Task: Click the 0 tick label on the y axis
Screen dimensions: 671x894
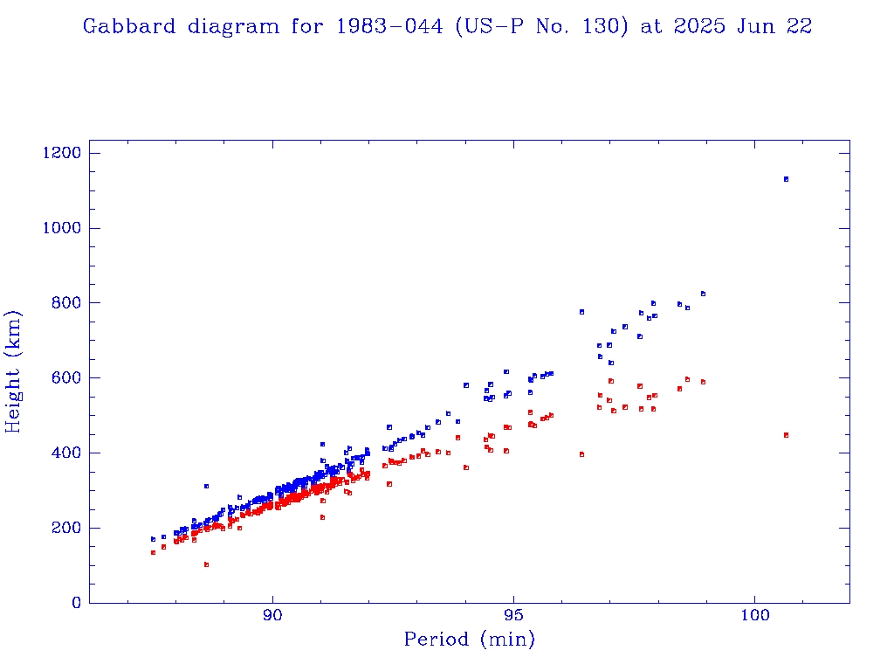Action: point(76,603)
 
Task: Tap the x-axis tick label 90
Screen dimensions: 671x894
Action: point(273,618)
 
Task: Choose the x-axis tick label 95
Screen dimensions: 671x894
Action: point(514,618)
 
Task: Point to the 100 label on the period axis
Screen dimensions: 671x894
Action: point(755,618)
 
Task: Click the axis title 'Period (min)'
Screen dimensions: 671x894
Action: point(469,640)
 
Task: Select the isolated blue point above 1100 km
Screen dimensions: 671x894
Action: point(786,179)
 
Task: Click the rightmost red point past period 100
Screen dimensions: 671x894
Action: point(786,435)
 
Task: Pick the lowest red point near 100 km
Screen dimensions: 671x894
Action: point(206,564)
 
